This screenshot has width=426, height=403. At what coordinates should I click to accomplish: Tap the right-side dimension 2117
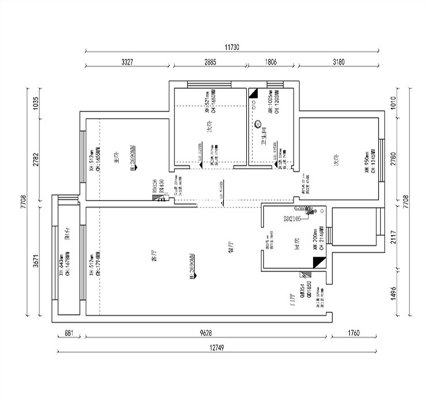pos(394,237)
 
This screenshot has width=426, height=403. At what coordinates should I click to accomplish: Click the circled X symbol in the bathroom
pos(258,123)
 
